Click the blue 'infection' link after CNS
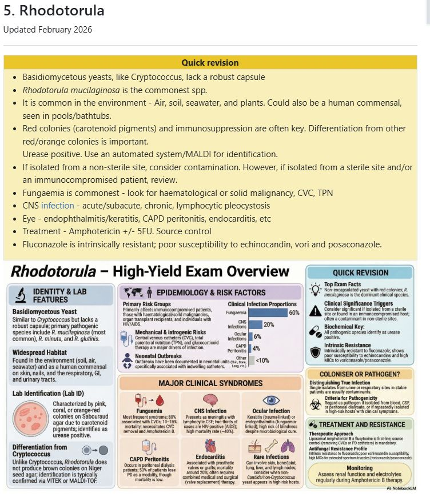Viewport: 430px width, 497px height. pyautogui.click(x=58, y=205)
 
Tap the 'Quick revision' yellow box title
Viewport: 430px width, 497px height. pyautogui.click(x=210, y=62)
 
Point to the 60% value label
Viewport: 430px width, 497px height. pyautogui.click(x=294, y=312)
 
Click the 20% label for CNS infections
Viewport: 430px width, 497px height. pyautogui.click(x=268, y=324)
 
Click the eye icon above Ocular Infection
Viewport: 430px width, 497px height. pyautogui.click(x=270, y=399)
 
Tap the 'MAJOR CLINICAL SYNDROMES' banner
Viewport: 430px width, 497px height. pyautogui.click(x=210, y=383)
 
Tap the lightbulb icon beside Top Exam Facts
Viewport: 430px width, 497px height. pyautogui.click(x=315, y=288)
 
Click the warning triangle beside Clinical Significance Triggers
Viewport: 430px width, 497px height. pyautogui.click(x=315, y=310)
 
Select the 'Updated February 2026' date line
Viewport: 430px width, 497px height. pyautogui.click(x=47, y=30)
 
